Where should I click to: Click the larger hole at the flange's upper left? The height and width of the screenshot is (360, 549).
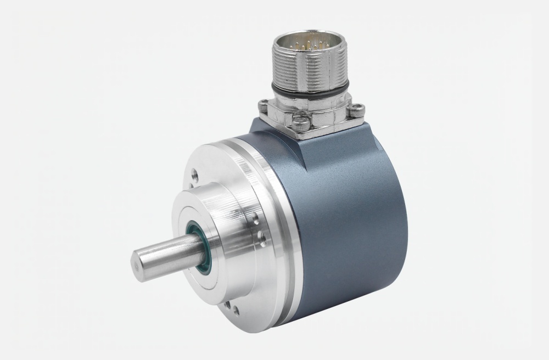194,177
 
